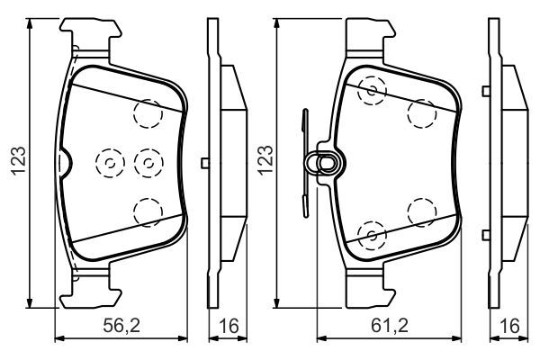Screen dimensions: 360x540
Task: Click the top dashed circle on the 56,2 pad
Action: pyautogui.click(x=146, y=113)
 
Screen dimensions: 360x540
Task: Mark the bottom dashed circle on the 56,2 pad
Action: pyautogui.click(x=146, y=211)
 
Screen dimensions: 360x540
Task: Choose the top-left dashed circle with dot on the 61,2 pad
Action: pyautogui.click(x=370, y=90)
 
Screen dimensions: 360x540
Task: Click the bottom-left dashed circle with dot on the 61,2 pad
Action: pyautogui.click(x=370, y=235)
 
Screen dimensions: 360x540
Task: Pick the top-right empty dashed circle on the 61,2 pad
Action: pyautogui.click(x=420, y=113)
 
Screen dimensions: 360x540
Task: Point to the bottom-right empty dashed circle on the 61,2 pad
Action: pyautogui.click(x=420, y=211)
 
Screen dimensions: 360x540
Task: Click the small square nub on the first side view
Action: pyautogui.click(x=206, y=163)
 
